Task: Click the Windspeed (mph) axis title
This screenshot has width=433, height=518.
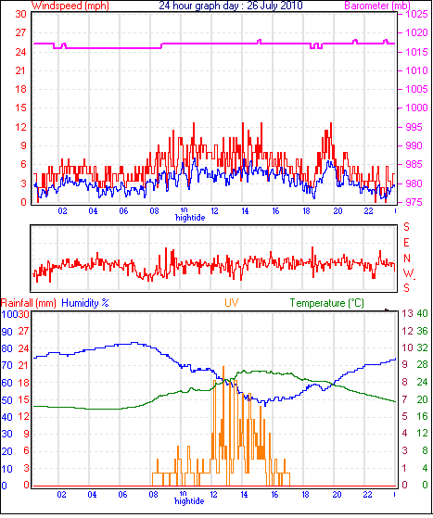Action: pyautogui.click(x=70, y=6)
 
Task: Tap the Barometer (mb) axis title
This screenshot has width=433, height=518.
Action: pyautogui.click(x=377, y=6)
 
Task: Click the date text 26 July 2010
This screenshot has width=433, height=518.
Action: pyautogui.click(x=274, y=6)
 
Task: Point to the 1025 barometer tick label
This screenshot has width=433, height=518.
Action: pyautogui.click(x=416, y=14)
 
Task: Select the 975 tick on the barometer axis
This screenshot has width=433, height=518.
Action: pyautogui.click(x=414, y=202)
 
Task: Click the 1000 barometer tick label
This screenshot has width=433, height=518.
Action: pyautogui.click(x=416, y=107)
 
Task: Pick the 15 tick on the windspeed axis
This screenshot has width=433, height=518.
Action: pyautogui.click(x=20, y=107)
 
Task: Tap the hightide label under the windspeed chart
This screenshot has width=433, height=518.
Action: pyautogui.click(x=190, y=218)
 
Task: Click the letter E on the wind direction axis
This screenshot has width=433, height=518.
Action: pyautogui.click(x=406, y=243)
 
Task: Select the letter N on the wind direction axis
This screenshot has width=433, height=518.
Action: pyautogui.click(x=407, y=258)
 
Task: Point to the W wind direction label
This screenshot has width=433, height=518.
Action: pyautogui.click(x=409, y=273)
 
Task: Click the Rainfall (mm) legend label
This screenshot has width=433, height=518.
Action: pyautogui.click(x=29, y=303)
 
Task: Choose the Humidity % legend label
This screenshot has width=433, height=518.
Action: pyautogui.click(x=85, y=303)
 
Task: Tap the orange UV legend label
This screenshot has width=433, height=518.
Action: pyautogui.click(x=232, y=303)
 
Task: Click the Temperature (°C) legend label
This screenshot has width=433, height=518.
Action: pyautogui.click(x=327, y=303)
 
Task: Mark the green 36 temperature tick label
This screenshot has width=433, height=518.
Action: pyautogui.click(x=422, y=331)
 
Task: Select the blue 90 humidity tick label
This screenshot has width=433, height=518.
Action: pyautogui.click(x=6, y=332)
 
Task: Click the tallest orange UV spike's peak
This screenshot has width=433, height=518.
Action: pyautogui.click(x=223, y=366)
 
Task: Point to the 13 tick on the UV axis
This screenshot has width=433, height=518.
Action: pyautogui.click(x=408, y=313)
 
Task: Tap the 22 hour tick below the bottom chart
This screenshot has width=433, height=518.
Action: pyautogui.click(x=367, y=494)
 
